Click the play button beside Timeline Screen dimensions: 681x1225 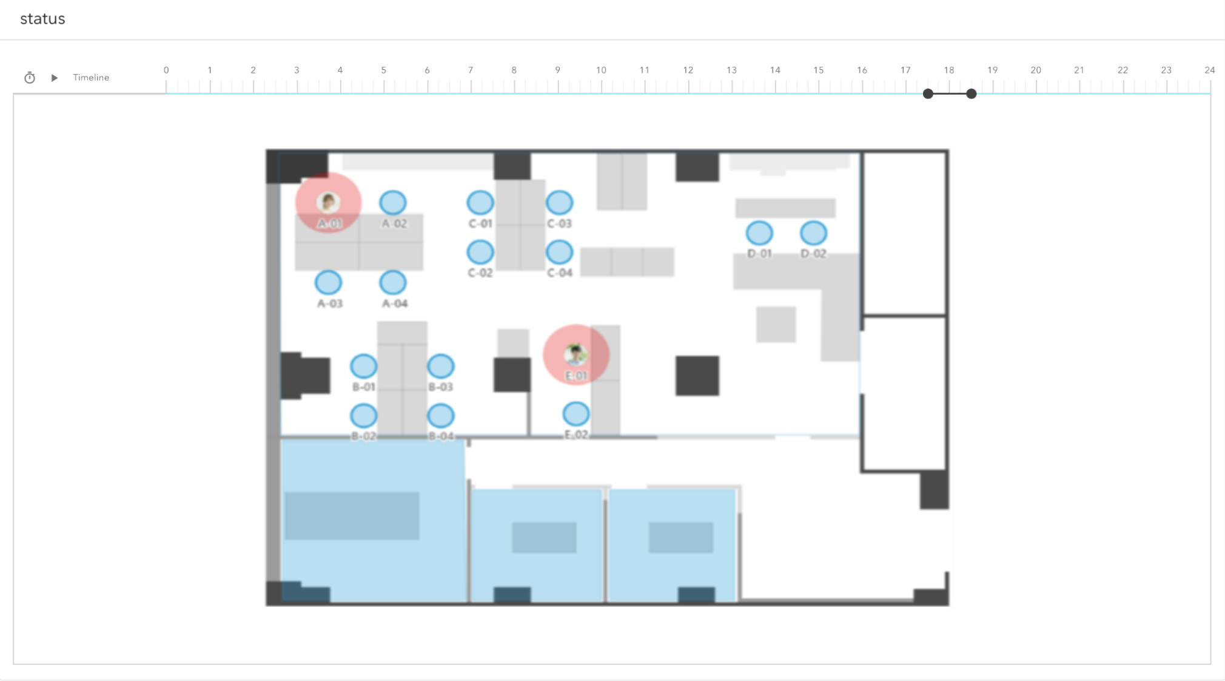tap(55, 78)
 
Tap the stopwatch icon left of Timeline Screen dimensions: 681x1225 tap(30, 78)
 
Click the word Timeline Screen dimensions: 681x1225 tap(91, 78)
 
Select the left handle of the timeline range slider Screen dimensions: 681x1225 tap(928, 93)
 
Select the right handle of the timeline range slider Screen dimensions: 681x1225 tap(972, 93)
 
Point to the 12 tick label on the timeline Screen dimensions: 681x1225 tap(688, 70)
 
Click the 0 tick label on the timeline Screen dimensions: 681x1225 tap(166, 70)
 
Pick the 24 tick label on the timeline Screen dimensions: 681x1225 tap(1209, 70)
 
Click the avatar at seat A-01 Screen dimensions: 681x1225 tap(328, 202)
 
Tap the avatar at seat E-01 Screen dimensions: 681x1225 tap(576, 353)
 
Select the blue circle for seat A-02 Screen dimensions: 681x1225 tap(393, 203)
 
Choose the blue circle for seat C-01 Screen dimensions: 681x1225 tap(480, 203)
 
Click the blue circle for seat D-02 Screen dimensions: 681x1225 tap(813, 233)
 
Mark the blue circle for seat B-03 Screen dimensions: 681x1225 tap(441, 366)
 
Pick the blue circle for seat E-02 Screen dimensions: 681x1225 tap(576, 414)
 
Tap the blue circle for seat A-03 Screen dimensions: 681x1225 tap(328, 282)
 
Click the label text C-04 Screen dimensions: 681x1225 tap(559, 273)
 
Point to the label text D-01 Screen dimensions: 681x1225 tap(759, 254)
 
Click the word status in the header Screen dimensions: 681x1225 tap(42, 19)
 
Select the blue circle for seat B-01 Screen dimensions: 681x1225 tap(364, 366)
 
